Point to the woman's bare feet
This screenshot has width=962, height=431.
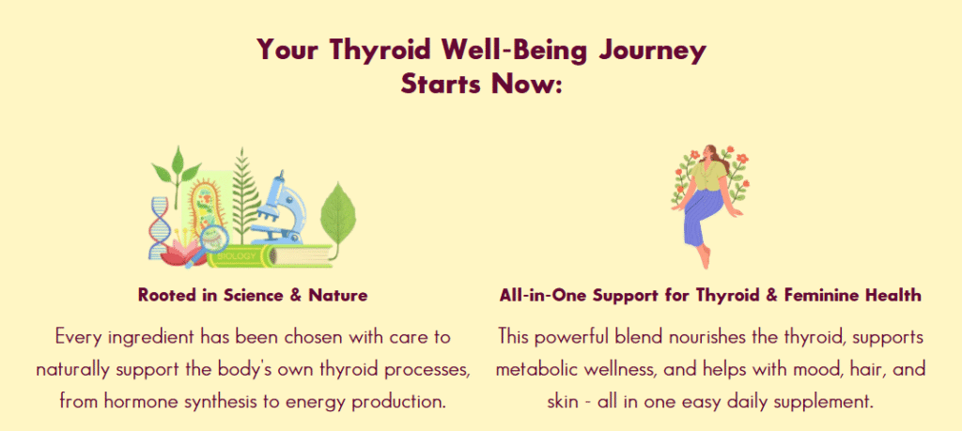click(706, 256)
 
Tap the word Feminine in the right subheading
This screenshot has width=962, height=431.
click(815, 296)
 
